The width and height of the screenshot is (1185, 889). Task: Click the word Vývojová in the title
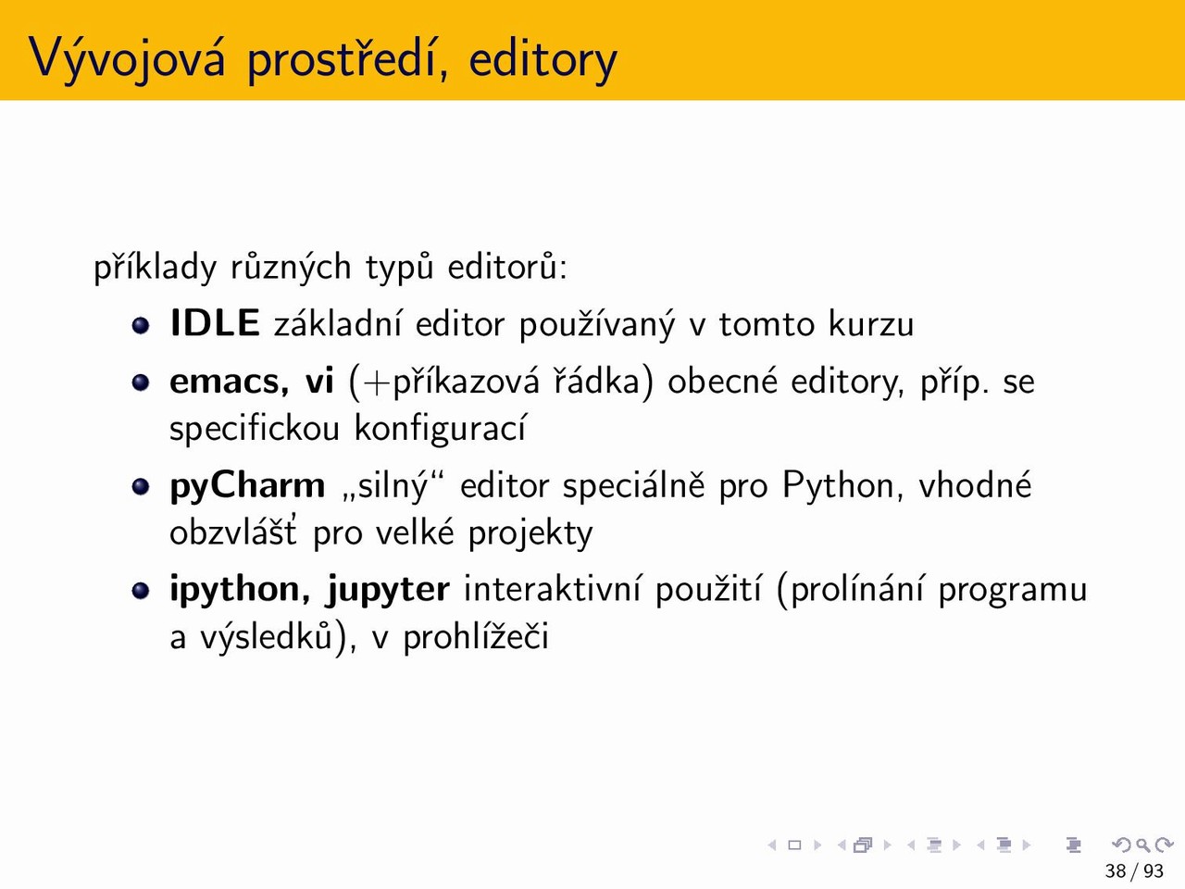click(126, 58)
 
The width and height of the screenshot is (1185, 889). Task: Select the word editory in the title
click(543, 59)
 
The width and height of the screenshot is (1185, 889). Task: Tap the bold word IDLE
click(215, 323)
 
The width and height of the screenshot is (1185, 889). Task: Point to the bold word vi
click(319, 381)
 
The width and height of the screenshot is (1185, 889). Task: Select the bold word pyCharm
click(248, 486)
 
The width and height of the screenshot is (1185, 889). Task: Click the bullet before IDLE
click(141, 325)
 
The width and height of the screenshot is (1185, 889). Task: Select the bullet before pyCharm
click(141, 486)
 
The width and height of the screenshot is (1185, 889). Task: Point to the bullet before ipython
click(141, 590)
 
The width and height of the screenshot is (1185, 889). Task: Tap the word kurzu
click(871, 323)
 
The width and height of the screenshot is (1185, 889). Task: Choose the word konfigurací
click(440, 429)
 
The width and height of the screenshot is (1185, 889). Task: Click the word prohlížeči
click(476, 635)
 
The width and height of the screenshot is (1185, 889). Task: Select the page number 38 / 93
click(1134, 870)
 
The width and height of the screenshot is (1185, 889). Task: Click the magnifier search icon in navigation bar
click(1142, 845)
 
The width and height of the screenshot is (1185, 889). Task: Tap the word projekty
click(530, 533)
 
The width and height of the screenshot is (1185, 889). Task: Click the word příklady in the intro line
click(155, 268)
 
